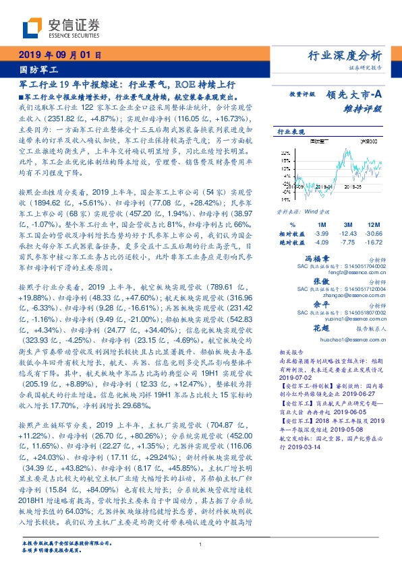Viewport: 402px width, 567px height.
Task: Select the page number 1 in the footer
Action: (x=201, y=544)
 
